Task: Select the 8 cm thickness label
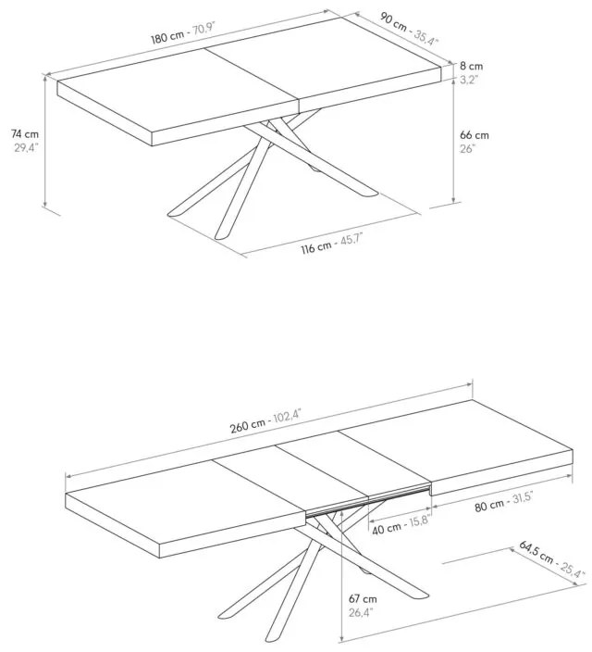471,66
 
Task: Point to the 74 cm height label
24,134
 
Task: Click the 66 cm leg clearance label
474,135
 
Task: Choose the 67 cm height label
363,599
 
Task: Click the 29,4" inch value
26,147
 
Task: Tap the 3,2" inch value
469,80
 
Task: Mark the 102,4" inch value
287,416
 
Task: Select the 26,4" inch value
361,612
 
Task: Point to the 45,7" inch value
351,241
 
